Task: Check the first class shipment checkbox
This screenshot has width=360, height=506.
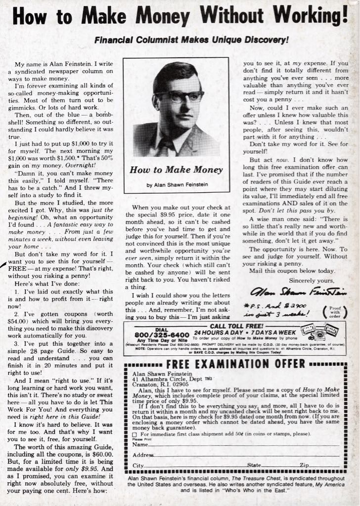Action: click(135, 434)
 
